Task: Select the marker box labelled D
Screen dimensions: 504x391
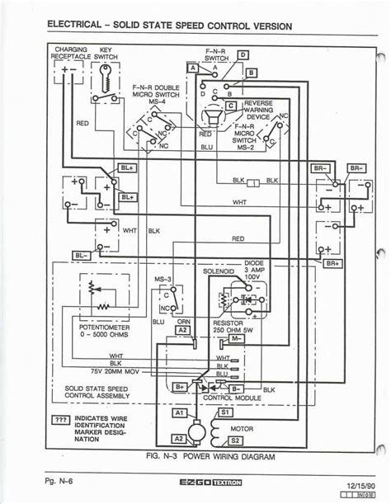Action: point(241,54)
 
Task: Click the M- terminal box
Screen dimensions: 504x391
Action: point(236,339)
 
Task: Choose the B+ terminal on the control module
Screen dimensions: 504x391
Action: point(181,385)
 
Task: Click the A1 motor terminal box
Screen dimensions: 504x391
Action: point(179,411)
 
